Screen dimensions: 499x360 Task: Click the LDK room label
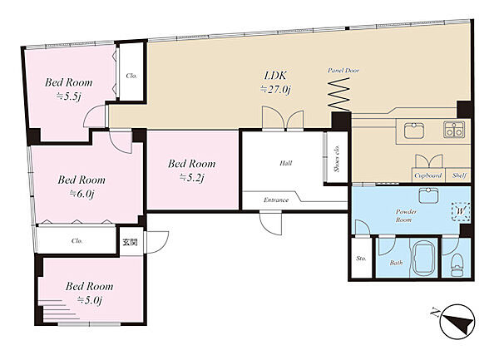[275, 76]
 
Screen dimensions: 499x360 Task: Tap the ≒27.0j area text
[275, 90]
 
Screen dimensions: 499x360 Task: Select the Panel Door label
[343, 71]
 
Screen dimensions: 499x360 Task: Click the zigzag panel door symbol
[338, 95]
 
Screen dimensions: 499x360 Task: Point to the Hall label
[286, 163]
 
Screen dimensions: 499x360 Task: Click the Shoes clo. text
[337, 158]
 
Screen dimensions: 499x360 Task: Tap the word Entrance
[276, 200]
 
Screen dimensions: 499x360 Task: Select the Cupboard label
[428, 175]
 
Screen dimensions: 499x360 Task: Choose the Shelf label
[459, 175]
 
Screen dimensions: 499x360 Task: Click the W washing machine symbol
[461, 211]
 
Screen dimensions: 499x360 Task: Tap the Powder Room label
[404, 215]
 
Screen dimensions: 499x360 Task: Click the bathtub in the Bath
[423, 258]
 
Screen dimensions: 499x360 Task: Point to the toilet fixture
[457, 264]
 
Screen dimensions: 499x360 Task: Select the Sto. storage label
[361, 259]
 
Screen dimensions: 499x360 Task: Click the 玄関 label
[131, 242]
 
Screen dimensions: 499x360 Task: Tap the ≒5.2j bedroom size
[191, 178]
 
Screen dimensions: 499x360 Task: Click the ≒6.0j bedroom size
[82, 194]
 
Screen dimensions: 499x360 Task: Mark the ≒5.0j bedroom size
[90, 300]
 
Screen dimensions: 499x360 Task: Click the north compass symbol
[457, 321]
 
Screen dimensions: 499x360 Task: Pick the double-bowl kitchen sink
[454, 130]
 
